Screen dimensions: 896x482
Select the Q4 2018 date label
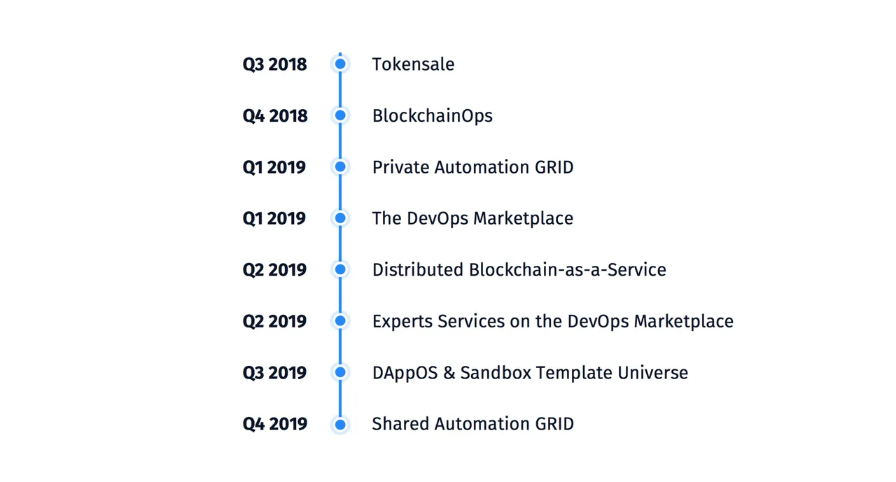click(275, 116)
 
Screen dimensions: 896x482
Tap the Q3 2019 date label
click(275, 373)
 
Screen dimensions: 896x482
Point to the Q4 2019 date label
click(275, 424)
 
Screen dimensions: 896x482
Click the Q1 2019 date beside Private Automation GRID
click(274, 167)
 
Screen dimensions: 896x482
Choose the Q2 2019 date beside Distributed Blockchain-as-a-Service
click(275, 270)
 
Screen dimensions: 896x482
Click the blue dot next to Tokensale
click(340, 64)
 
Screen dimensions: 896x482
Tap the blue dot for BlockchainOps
click(340, 115)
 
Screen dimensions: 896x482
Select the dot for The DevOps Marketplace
click(340, 218)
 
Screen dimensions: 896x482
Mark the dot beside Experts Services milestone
click(340, 321)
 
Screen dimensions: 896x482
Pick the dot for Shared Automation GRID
click(340, 425)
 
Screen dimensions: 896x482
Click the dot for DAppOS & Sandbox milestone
click(340, 372)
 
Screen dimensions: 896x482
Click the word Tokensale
click(414, 64)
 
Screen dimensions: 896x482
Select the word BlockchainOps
click(433, 116)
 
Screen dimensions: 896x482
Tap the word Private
click(401, 167)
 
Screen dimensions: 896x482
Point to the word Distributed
click(418, 270)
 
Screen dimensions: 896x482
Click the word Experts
click(402, 322)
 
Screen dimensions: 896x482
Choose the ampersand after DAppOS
click(449, 373)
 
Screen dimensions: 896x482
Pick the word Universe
click(653, 373)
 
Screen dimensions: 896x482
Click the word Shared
click(401, 424)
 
